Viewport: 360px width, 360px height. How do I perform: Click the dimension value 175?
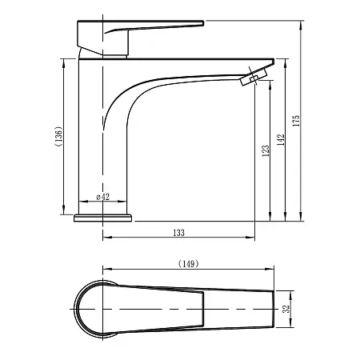click(x=297, y=121)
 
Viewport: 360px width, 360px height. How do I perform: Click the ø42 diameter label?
click(x=102, y=197)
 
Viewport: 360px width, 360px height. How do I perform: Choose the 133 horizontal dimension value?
click(x=178, y=233)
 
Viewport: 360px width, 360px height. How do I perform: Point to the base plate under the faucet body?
click(x=102, y=218)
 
